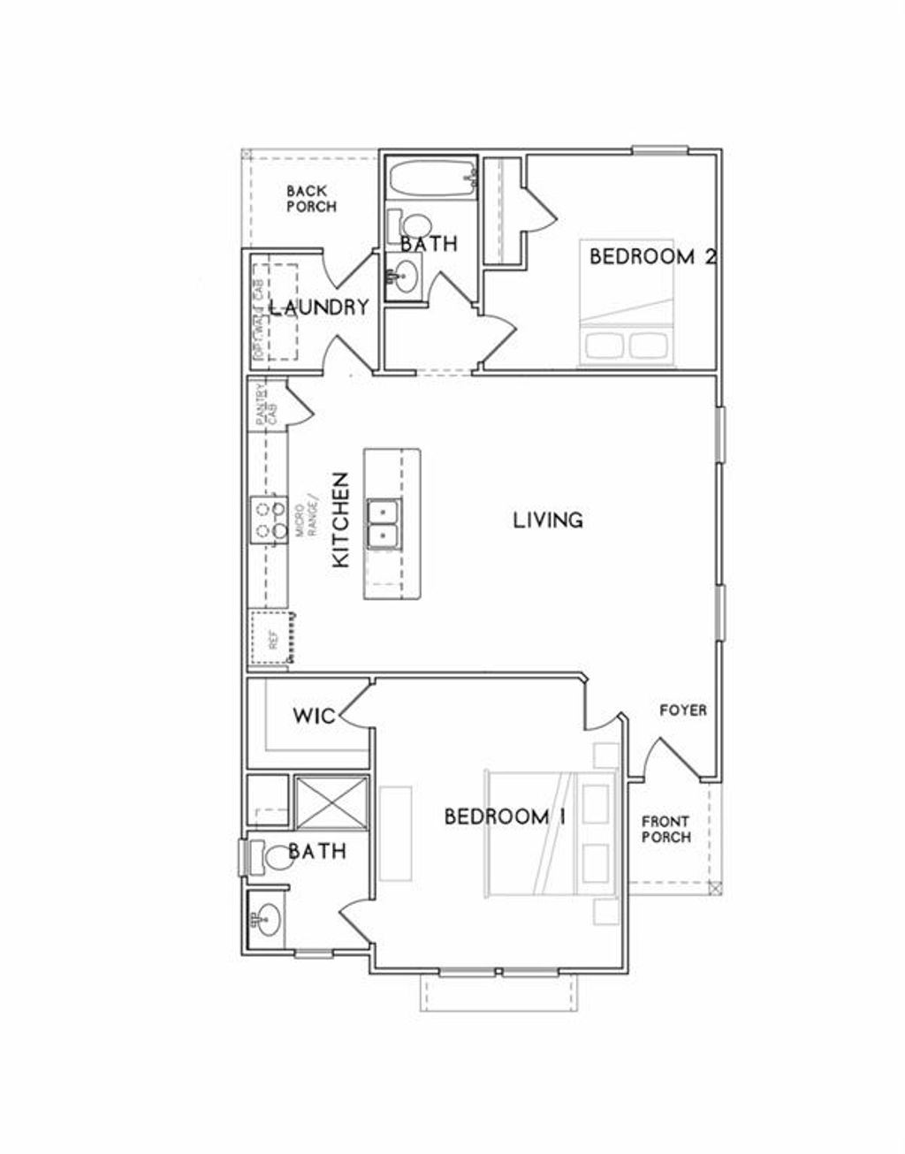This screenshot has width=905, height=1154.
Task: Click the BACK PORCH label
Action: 310,198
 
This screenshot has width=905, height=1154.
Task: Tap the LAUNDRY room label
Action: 318,307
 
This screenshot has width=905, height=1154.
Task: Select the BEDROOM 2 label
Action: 651,257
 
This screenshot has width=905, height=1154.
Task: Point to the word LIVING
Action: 548,520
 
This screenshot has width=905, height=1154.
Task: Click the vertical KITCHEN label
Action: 340,520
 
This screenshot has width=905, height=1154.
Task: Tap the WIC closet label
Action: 314,715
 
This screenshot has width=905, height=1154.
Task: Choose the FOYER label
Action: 682,710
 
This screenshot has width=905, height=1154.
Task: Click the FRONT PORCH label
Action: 665,828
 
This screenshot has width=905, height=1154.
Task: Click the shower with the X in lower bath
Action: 331,801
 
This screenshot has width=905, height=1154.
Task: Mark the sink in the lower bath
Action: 266,921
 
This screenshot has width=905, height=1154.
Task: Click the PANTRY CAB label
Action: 262,404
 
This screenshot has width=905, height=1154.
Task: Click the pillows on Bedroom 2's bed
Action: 627,345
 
